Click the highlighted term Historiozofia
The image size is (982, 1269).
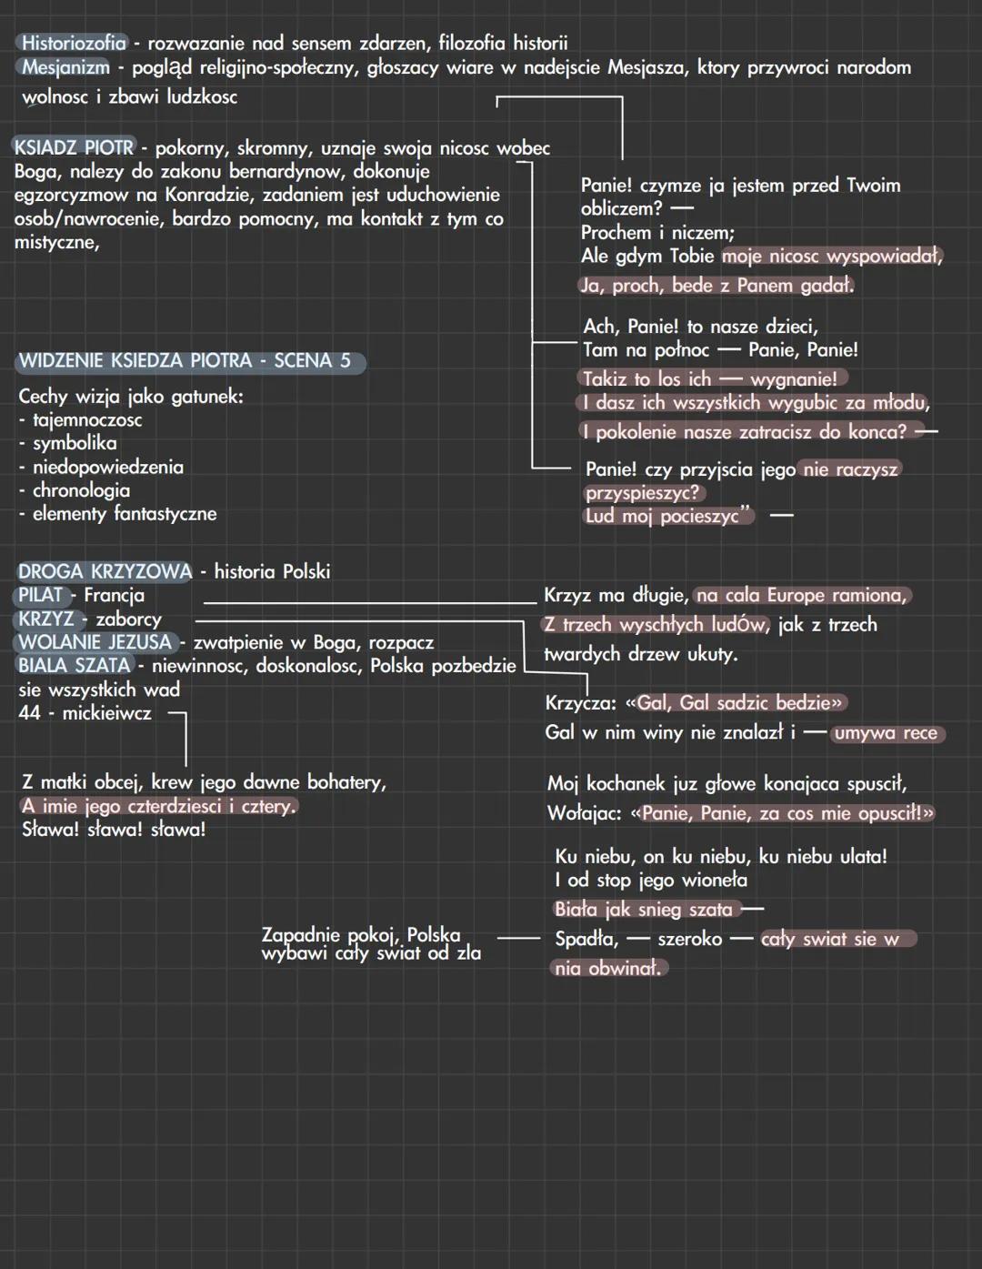coord(74,44)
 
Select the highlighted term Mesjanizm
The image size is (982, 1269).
coord(65,67)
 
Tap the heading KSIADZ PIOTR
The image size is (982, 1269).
coord(74,147)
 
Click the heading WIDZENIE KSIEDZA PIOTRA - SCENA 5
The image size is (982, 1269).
coord(185,361)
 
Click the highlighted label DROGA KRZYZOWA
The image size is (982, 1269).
coord(105,571)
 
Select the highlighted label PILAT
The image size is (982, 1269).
coord(40,595)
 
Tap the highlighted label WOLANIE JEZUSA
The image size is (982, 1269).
coord(95,642)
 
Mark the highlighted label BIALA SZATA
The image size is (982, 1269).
coord(74,666)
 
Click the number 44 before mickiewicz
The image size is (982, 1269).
coord(29,713)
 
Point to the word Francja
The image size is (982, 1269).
coord(115,595)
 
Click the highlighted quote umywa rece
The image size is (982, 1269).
coord(886,733)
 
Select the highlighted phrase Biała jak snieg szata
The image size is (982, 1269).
coord(644,910)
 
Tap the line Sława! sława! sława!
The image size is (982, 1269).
coord(114,830)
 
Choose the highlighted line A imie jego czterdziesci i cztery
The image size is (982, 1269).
coord(159,807)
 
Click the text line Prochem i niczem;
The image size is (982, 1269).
coord(657,233)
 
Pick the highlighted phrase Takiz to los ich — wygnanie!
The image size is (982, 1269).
coord(710,379)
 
